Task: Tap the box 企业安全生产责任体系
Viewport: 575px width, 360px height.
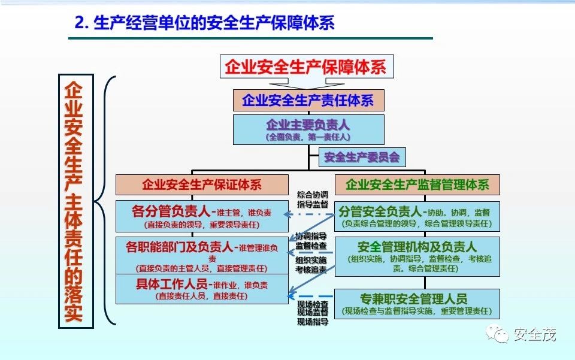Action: (308, 100)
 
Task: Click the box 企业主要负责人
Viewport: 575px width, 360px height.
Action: (308, 129)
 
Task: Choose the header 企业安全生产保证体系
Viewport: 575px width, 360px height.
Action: (201, 184)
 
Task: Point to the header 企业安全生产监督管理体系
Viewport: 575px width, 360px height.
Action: (417, 184)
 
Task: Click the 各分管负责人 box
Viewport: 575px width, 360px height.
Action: (201, 217)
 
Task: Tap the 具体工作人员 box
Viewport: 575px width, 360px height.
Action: (201, 289)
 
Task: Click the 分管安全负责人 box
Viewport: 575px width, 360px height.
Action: (417, 217)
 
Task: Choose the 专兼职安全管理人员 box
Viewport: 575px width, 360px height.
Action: (417, 304)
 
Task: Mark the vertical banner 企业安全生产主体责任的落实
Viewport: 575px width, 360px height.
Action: (75, 201)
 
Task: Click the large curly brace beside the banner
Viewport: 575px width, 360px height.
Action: (108, 201)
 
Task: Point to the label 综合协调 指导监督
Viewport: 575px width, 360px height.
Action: (312, 199)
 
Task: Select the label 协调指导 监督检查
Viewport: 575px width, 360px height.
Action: (311, 240)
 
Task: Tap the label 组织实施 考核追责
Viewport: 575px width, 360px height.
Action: (311, 265)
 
